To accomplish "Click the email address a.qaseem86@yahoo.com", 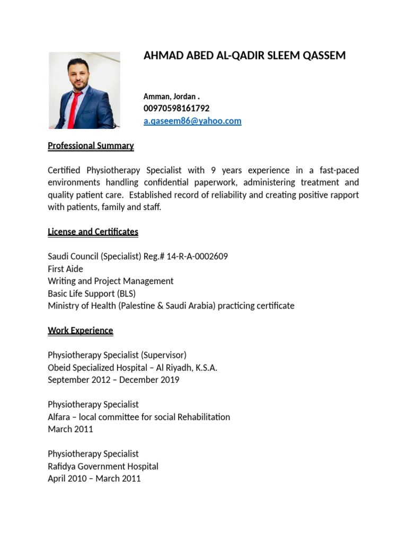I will (192, 121).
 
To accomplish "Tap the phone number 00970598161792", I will (176, 108).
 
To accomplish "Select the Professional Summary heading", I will (91, 146).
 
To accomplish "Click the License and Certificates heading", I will (93, 232).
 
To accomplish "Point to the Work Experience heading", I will (81, 330).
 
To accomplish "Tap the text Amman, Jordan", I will (170, 97).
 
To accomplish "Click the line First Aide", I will (65, 269).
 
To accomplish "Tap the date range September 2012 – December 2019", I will (113, 380).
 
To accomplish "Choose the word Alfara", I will (59, 417).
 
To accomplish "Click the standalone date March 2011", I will (70, 429).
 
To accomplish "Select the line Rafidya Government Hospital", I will (103, 466).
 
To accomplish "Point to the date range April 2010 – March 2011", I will (94, 478).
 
